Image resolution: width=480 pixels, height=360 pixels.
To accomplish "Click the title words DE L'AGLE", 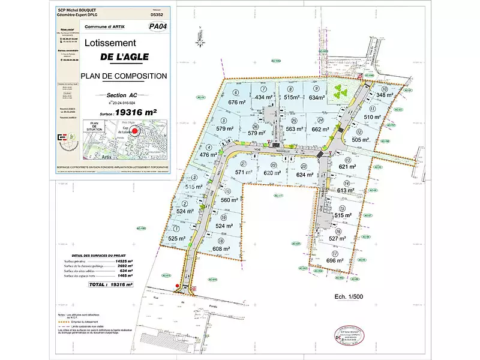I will [x=111, y=60].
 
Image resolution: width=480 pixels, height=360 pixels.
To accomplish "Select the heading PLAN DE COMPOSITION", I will [x=123, y=76].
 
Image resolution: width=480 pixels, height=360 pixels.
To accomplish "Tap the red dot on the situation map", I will [x=135, y=130].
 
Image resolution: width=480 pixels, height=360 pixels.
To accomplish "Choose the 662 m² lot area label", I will [x=322, y=128].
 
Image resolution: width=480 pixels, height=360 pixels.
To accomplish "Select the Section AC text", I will [x=122, y=95].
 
